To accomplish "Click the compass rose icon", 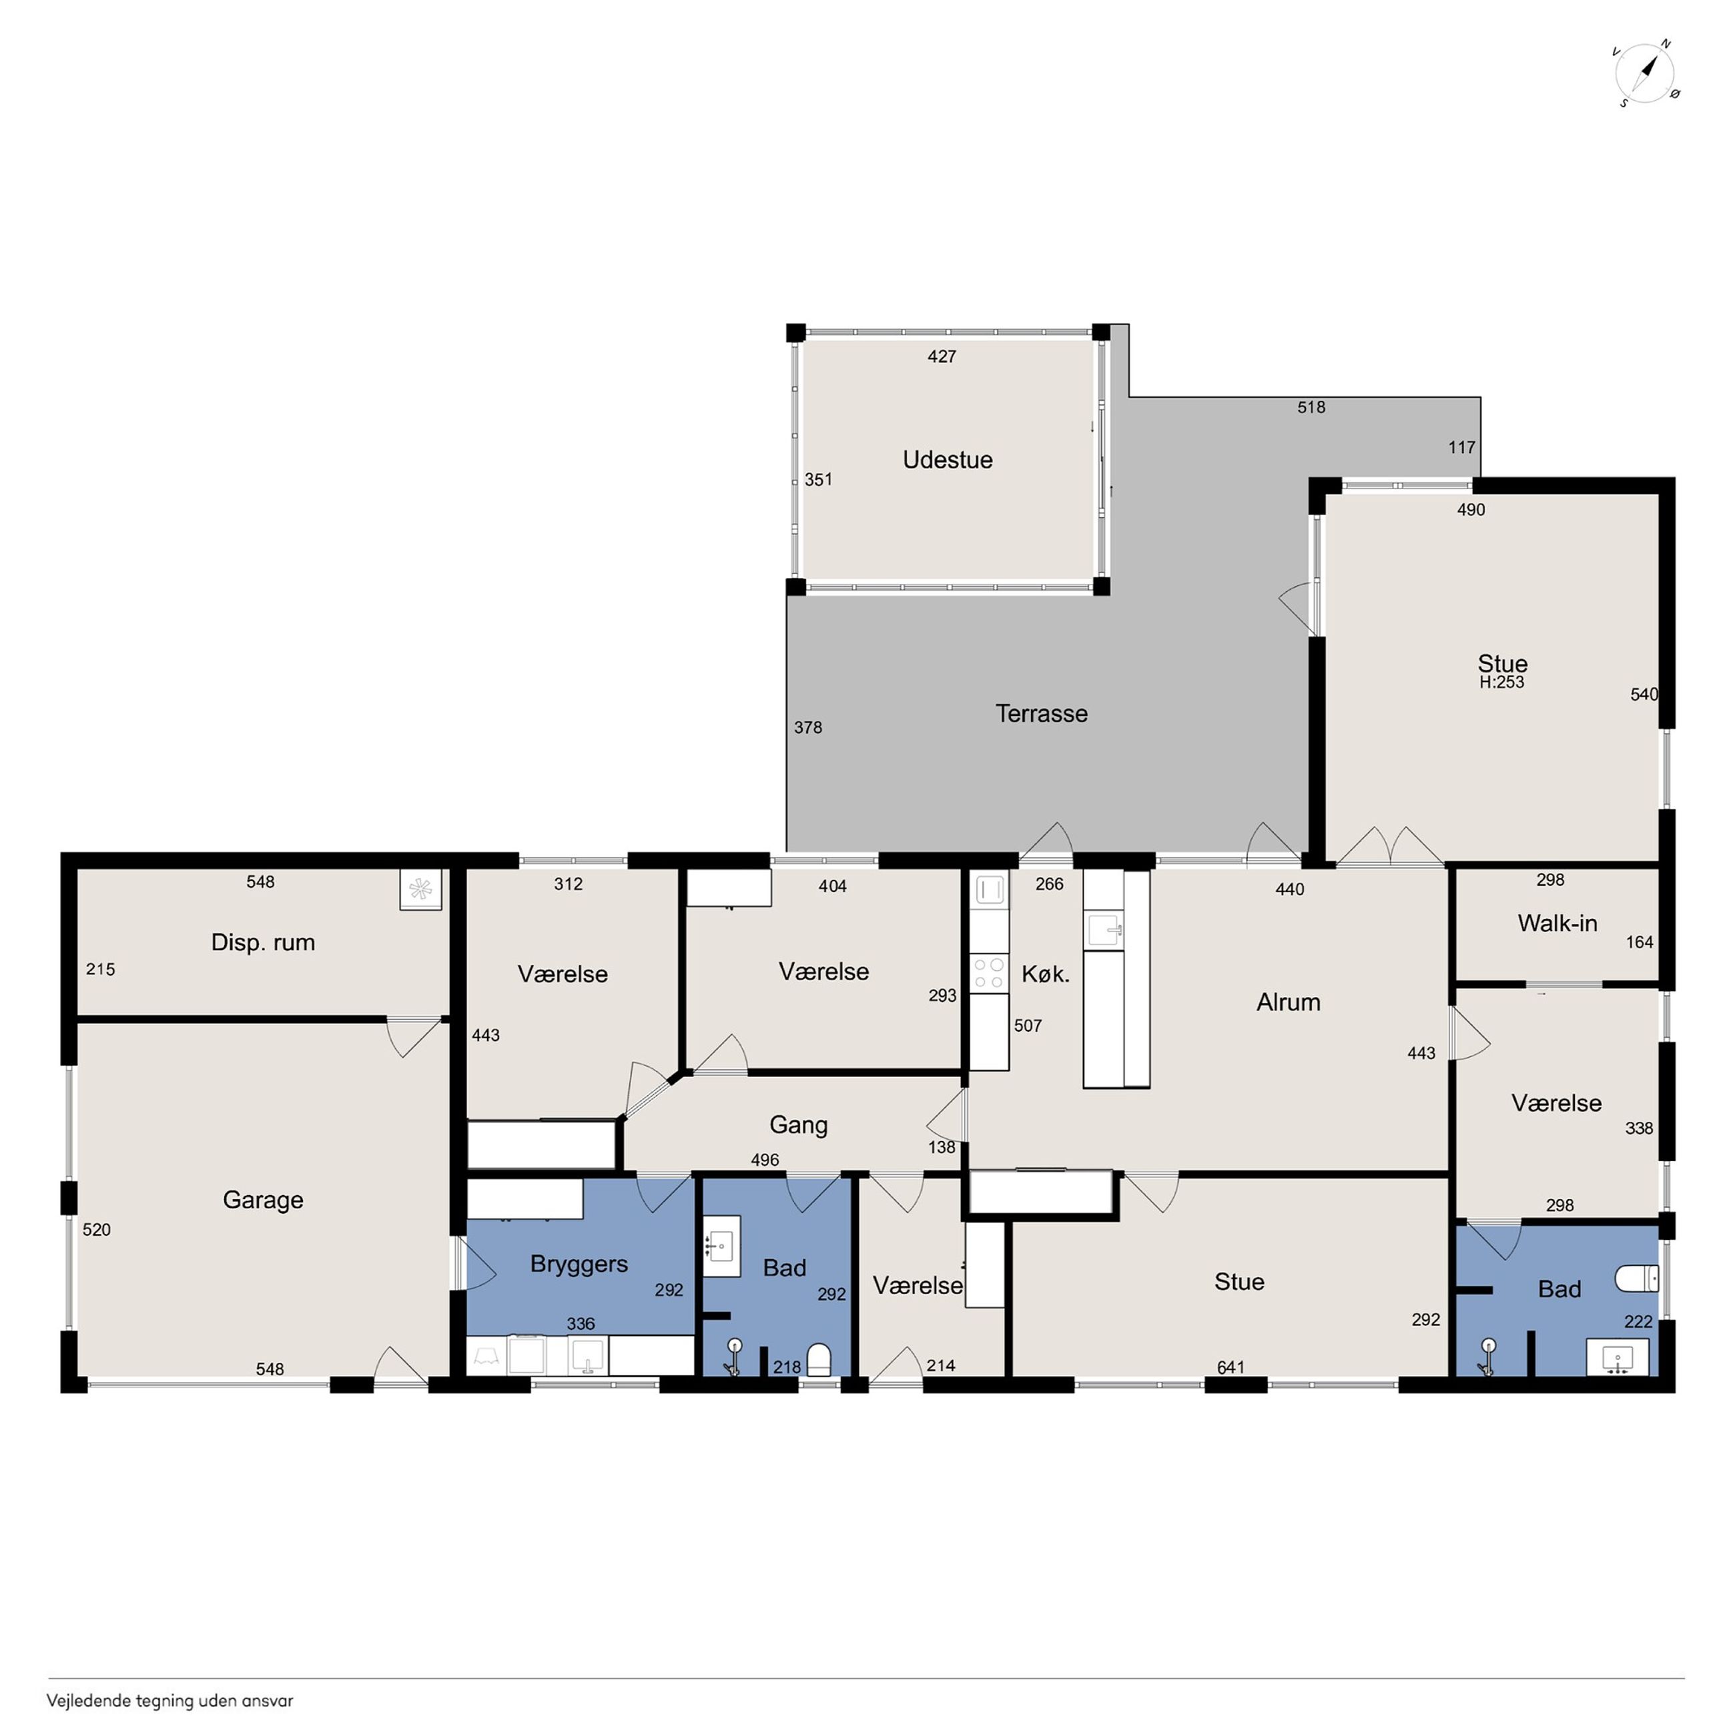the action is pyautogui.click(x=1646, y=73).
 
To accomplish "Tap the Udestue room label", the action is pyautogui.click(x=948, y=460).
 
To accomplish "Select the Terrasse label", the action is pyautogui.click(x=1042, y=714).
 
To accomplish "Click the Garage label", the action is pyautogui.click(x=263, y=1200).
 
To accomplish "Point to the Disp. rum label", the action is pyautogui.click(x=263, y=943).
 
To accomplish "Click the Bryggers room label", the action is pyautogui.click(x=579, y=1265).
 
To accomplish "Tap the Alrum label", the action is pyautogui.click(x=1289, y=1002).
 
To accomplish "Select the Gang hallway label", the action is pyautogui.click(x=798, y=1125).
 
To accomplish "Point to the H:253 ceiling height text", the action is pyautogui.click(x=1502, y=683).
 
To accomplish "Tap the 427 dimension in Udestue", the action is pyautogui.click(x=942, y=356).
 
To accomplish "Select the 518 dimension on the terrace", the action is pyautogui.click(x=1311, y=408).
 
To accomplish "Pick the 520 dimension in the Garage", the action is pyautogui.click(x=97, y=1231).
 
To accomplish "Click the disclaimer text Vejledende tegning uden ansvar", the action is pyautogui.click(x=169, y=1701).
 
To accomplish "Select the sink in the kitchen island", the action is pyautogui.click(x=1104, y=930).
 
